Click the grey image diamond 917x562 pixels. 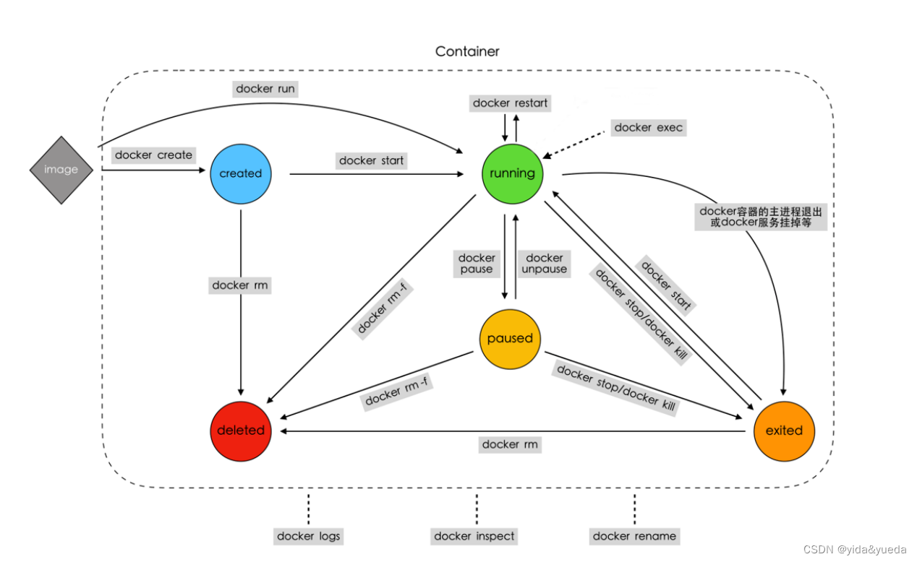pos(61,170)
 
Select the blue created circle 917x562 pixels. pos(240,173)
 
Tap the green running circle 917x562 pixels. pos(512,173)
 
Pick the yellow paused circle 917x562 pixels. pos(510,339)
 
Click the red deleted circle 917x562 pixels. pos(241,430)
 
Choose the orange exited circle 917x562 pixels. pos(784,431)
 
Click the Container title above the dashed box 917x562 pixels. pos(467,51)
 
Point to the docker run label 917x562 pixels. pos(265,89)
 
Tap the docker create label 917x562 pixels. pos(153,155)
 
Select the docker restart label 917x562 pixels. pos(510,103)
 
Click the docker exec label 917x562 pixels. pos(648,127)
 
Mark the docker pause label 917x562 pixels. pos(477,264)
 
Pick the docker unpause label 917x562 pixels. pos(545,264)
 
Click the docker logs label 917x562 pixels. pos(308,536)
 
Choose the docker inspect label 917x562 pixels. pos(474,536)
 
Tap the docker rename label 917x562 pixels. pos(634,536)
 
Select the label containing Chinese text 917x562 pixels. pos(760,217)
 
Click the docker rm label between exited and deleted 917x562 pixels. pos(510,444)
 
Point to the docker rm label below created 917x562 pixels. pos(240,285)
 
